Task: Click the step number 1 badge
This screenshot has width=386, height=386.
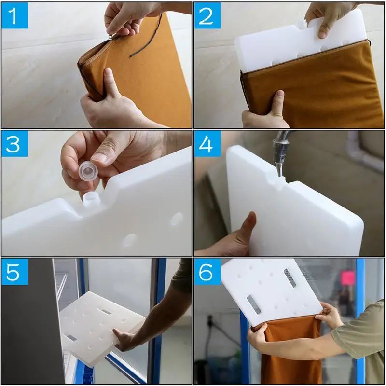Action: pos(14,15)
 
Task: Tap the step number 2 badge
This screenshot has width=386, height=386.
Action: pos(207,15)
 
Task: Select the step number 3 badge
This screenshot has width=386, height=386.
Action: pos(14,143)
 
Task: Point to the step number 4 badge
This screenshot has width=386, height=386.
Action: pos(207,143)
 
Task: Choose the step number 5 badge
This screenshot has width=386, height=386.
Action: pos(14,272)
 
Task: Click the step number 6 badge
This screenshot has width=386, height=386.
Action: pos(207,272)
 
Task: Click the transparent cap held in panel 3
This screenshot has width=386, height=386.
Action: pos(88,169)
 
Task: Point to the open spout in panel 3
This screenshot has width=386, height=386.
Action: pos(91,199)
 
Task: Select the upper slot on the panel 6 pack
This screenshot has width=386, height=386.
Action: pos(290,278)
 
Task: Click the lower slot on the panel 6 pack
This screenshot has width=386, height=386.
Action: pos(254,304)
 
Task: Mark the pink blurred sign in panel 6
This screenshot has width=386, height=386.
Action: pos(347,278)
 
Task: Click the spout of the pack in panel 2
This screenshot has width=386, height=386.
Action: pos(302,23)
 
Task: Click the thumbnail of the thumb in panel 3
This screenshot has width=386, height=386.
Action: pos(99,158)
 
